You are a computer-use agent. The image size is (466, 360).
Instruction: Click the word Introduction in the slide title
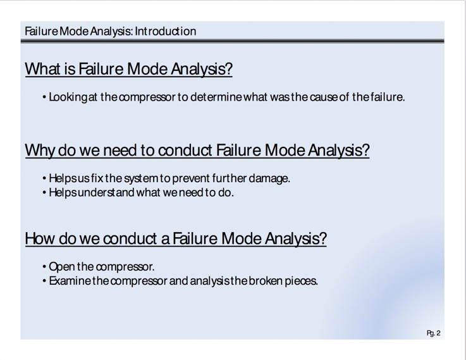[165, 31]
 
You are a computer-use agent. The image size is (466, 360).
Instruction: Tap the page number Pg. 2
[433, 333]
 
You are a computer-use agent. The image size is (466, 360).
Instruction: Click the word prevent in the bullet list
[191, 178]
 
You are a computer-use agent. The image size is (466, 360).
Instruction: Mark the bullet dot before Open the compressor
[44, 267]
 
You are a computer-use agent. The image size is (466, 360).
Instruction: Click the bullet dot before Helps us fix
[44, 178]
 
